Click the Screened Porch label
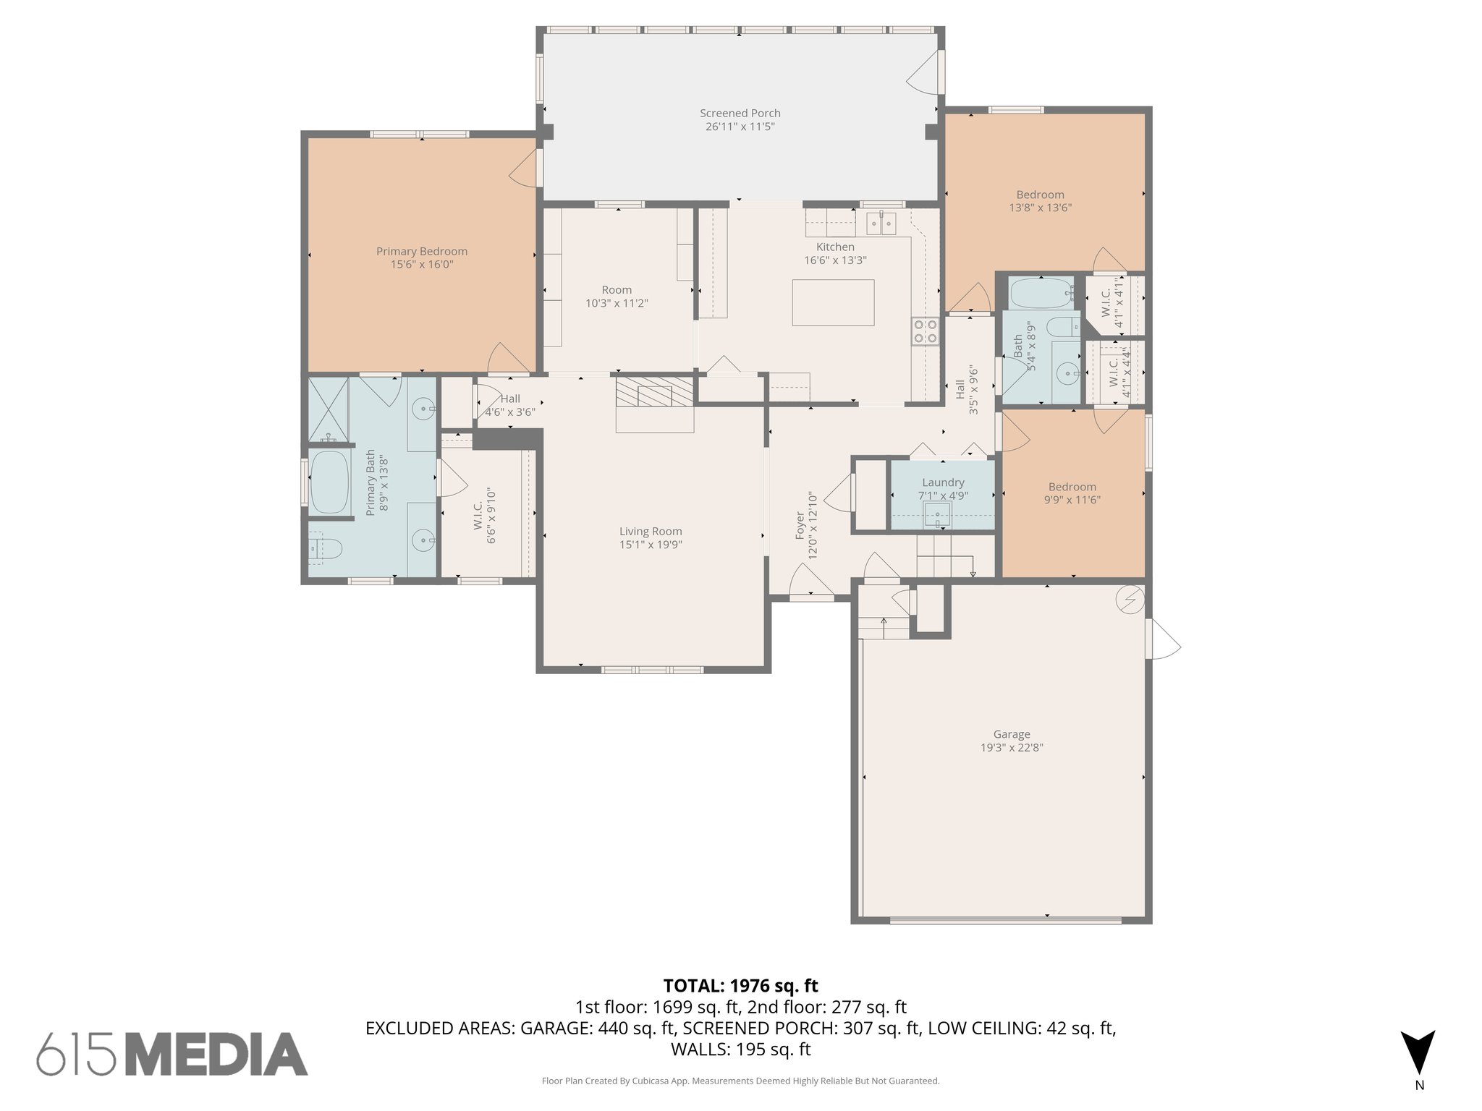click(740, 113)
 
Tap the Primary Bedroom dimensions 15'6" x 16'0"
click(421, 265)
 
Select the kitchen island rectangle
click(832, 302)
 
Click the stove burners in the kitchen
click(925, 331)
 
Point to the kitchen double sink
click(881, 224)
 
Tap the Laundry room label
click(943, 482)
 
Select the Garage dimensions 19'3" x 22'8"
click(1011, 747)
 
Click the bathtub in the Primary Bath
click(329, 482)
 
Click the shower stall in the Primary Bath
click(328, 409)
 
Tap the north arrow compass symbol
click(1418, 1052)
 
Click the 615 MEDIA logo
click(172, 1054)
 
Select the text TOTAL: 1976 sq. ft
click(740, 985)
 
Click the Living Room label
click(650, 531)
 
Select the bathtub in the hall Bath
click(1041, 294)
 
